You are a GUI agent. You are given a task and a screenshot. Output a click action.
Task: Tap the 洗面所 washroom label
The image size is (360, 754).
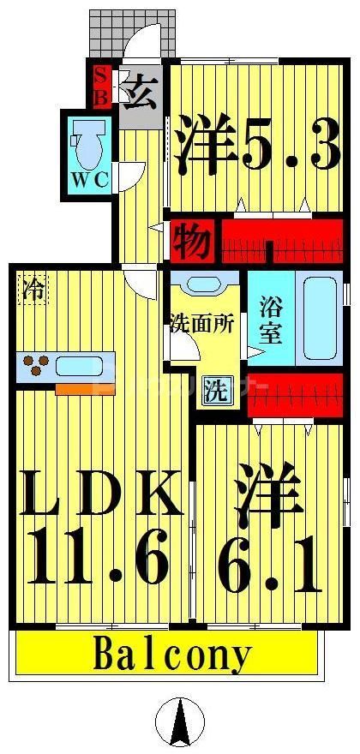tap(201, 324)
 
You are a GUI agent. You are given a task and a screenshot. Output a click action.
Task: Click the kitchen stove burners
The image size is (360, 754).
tap(36, 367)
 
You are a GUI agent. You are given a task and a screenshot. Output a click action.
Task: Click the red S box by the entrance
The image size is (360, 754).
tap(100, 75)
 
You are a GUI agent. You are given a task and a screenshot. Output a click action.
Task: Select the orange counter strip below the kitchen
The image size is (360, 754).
tap(85, 388)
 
